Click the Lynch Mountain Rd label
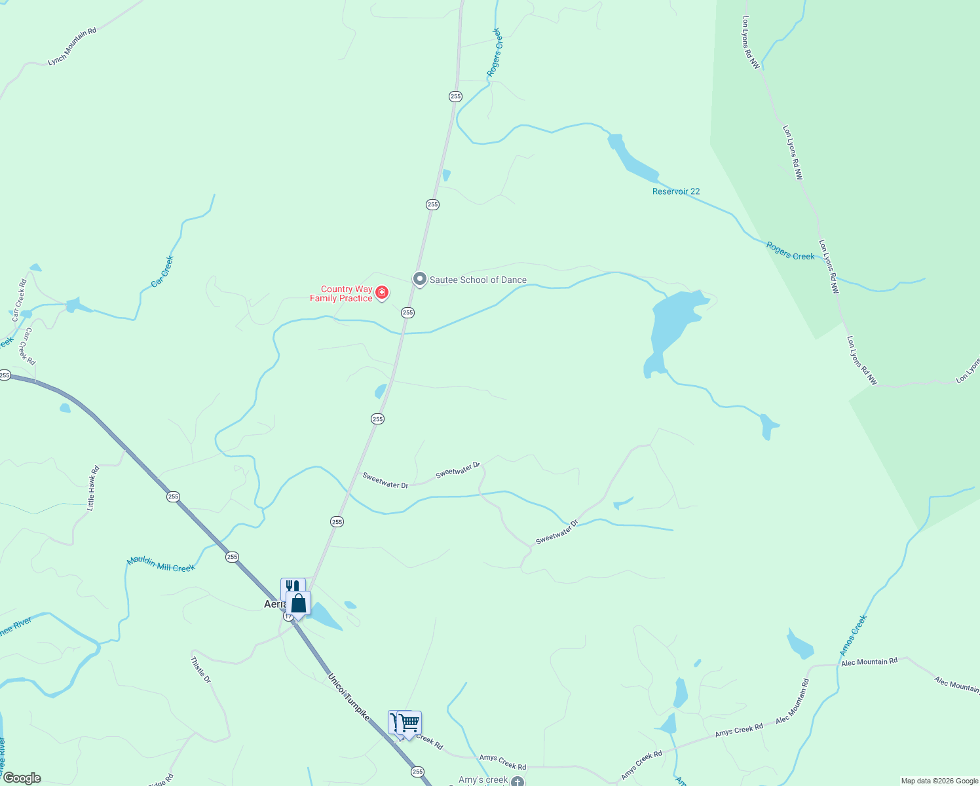pyautogui.click(x=72, y=47)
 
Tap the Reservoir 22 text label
pyautogui.click(x=676, y=191)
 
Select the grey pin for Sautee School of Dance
pyautogui.click(x=420, y=279)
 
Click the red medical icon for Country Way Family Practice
pyautogui.click(x=381, y=292)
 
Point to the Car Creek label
pyautogui.click(x=162, y=272)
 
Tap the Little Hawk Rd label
pyautogui.click(x=93, y=488)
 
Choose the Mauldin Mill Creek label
pyautogui.click(x=161, y=564)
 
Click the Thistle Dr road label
pyautogui.click(x=201, y=670)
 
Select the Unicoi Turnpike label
pyautogui.click(x=349, y=697)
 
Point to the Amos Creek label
pyautogui.click(x=853, y=635)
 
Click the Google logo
pyautogui.click(x=22, y=778)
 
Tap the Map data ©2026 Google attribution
pyautogui.click(x=939, y=781)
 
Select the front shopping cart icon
pyautogui.click(x=409, y=723)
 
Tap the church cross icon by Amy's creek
pyautogui.click(x=518, y=781)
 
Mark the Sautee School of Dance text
pyautogui.click(x=478, y=280)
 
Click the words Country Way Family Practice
pyautogui.click(x=341, y=293)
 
